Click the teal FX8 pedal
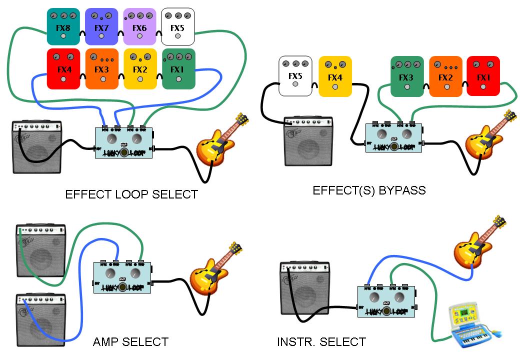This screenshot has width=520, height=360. pos(63,27)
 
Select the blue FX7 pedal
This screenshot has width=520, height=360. pos(101,27)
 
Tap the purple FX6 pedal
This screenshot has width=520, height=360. pos(139,27)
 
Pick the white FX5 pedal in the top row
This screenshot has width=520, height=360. pos(177,27)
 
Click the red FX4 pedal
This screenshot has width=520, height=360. pos(63,69)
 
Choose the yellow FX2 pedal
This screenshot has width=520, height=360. pos(139,69)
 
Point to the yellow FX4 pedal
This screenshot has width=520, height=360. pos(334,76)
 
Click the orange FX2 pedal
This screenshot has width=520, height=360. pos(445,76)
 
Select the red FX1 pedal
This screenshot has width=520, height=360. pos(483,76)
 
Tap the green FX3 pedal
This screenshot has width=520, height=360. pos(406,76)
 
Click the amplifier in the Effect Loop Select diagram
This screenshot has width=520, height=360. pos(37,147)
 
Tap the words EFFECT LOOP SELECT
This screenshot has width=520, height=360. pos(131,194)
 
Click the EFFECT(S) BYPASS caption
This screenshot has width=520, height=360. pos(369,190)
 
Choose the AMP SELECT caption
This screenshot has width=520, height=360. pos(130,342)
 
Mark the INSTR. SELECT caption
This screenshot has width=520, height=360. pos(321,342)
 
